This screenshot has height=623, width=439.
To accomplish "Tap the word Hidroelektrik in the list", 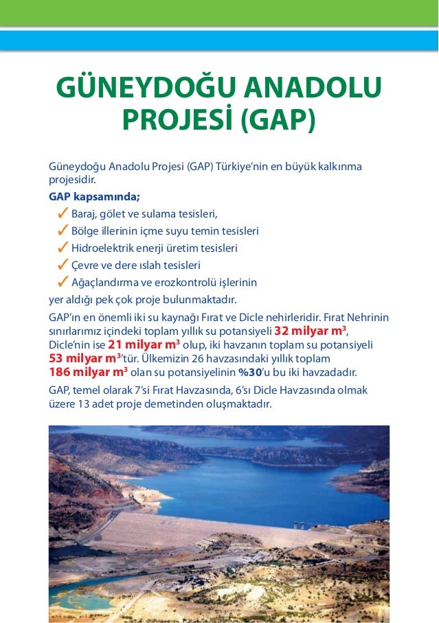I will [102, 248].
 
